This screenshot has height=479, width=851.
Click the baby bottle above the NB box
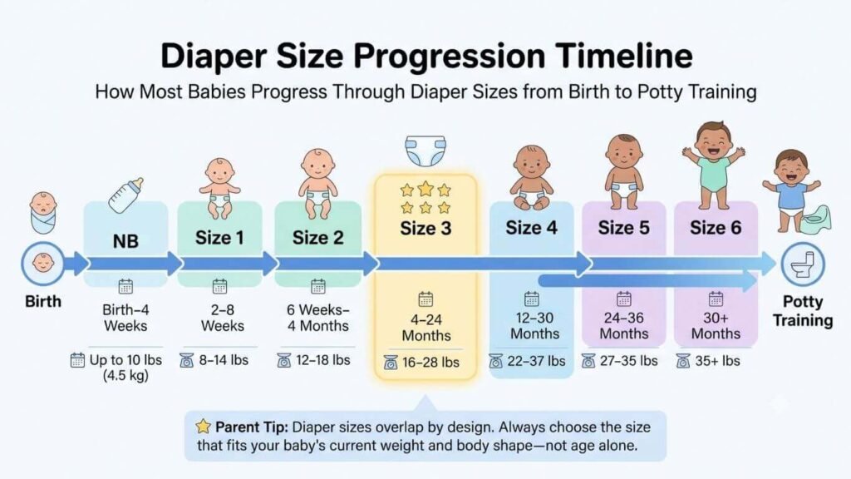(x=125, y=195)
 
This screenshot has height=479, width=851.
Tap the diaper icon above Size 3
(x=425, y=151)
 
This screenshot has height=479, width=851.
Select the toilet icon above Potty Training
(x=803, y=264)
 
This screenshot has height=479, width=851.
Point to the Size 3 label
(x=425, y=229)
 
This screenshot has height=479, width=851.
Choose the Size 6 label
(x=716, y=228)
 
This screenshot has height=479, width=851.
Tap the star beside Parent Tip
(x=203, y=427)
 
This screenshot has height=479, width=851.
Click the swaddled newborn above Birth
(x=43, y=213)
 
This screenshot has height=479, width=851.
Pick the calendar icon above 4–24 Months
(x=425, y=299)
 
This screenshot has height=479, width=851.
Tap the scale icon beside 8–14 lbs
(x=187, y=360)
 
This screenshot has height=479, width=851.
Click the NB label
(x=125, y=241)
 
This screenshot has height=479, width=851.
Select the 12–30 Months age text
(x=534, y=326)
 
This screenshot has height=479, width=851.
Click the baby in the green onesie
(x=714, y=165)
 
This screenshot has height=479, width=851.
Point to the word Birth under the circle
(x=43, y=301)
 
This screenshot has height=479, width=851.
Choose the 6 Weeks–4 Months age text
(x=318, y=319)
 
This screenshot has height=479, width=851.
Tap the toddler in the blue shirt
(x=790, y=191)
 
